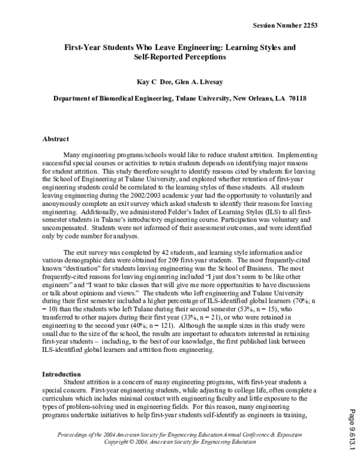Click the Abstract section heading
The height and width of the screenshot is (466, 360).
click(x=55, y=139)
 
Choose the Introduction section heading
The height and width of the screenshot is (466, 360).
click(x=61, y=374)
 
